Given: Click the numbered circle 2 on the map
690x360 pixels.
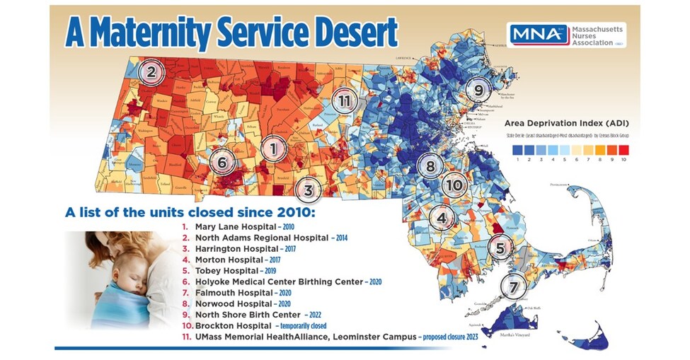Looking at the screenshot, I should (150, 71).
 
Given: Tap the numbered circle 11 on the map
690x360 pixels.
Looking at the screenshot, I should (345, 101).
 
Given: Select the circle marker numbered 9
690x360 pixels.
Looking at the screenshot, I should (478, 90).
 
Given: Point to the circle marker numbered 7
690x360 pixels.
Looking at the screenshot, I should (513, 287).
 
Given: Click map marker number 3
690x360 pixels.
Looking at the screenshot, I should (308, 190).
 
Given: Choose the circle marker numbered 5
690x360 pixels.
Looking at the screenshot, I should (500, 248).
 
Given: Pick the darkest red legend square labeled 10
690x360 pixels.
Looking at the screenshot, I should (623, 149).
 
